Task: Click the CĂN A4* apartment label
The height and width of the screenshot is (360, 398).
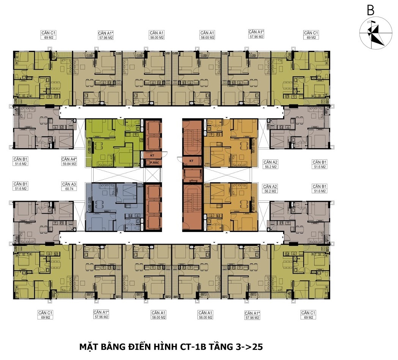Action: coord(69,159)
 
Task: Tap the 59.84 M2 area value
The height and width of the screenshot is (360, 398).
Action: coord(69,164)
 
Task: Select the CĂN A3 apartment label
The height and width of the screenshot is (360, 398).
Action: coord(69,184)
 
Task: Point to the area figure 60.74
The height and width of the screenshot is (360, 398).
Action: coord(69,189)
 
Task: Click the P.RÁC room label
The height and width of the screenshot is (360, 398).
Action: coord(155,163)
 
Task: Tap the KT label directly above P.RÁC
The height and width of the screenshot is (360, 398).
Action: coord(152,155)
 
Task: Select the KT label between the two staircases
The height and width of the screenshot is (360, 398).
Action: coord(191,161)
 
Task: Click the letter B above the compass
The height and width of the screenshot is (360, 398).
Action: coord(371,11)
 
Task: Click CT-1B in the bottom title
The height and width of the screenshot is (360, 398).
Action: coord(193,347)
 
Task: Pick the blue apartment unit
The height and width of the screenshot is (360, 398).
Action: coord(114,207)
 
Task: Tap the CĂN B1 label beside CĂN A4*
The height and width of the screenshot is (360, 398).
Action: coord(21,159)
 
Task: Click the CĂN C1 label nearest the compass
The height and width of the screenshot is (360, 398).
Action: coord(311,33)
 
